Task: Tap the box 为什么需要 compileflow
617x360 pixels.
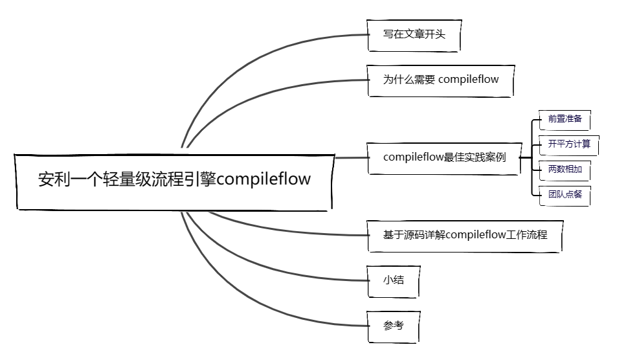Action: (441, 80)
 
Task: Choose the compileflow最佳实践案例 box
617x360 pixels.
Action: (444, 157)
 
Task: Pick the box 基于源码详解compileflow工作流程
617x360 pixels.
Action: (464, 235)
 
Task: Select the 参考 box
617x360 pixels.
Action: (393, 326)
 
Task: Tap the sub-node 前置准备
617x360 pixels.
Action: (565, 120)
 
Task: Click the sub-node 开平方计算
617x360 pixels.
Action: (568, 144)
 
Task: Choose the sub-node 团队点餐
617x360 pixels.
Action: (565, 194)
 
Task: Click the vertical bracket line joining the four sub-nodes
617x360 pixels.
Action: (532, 157)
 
